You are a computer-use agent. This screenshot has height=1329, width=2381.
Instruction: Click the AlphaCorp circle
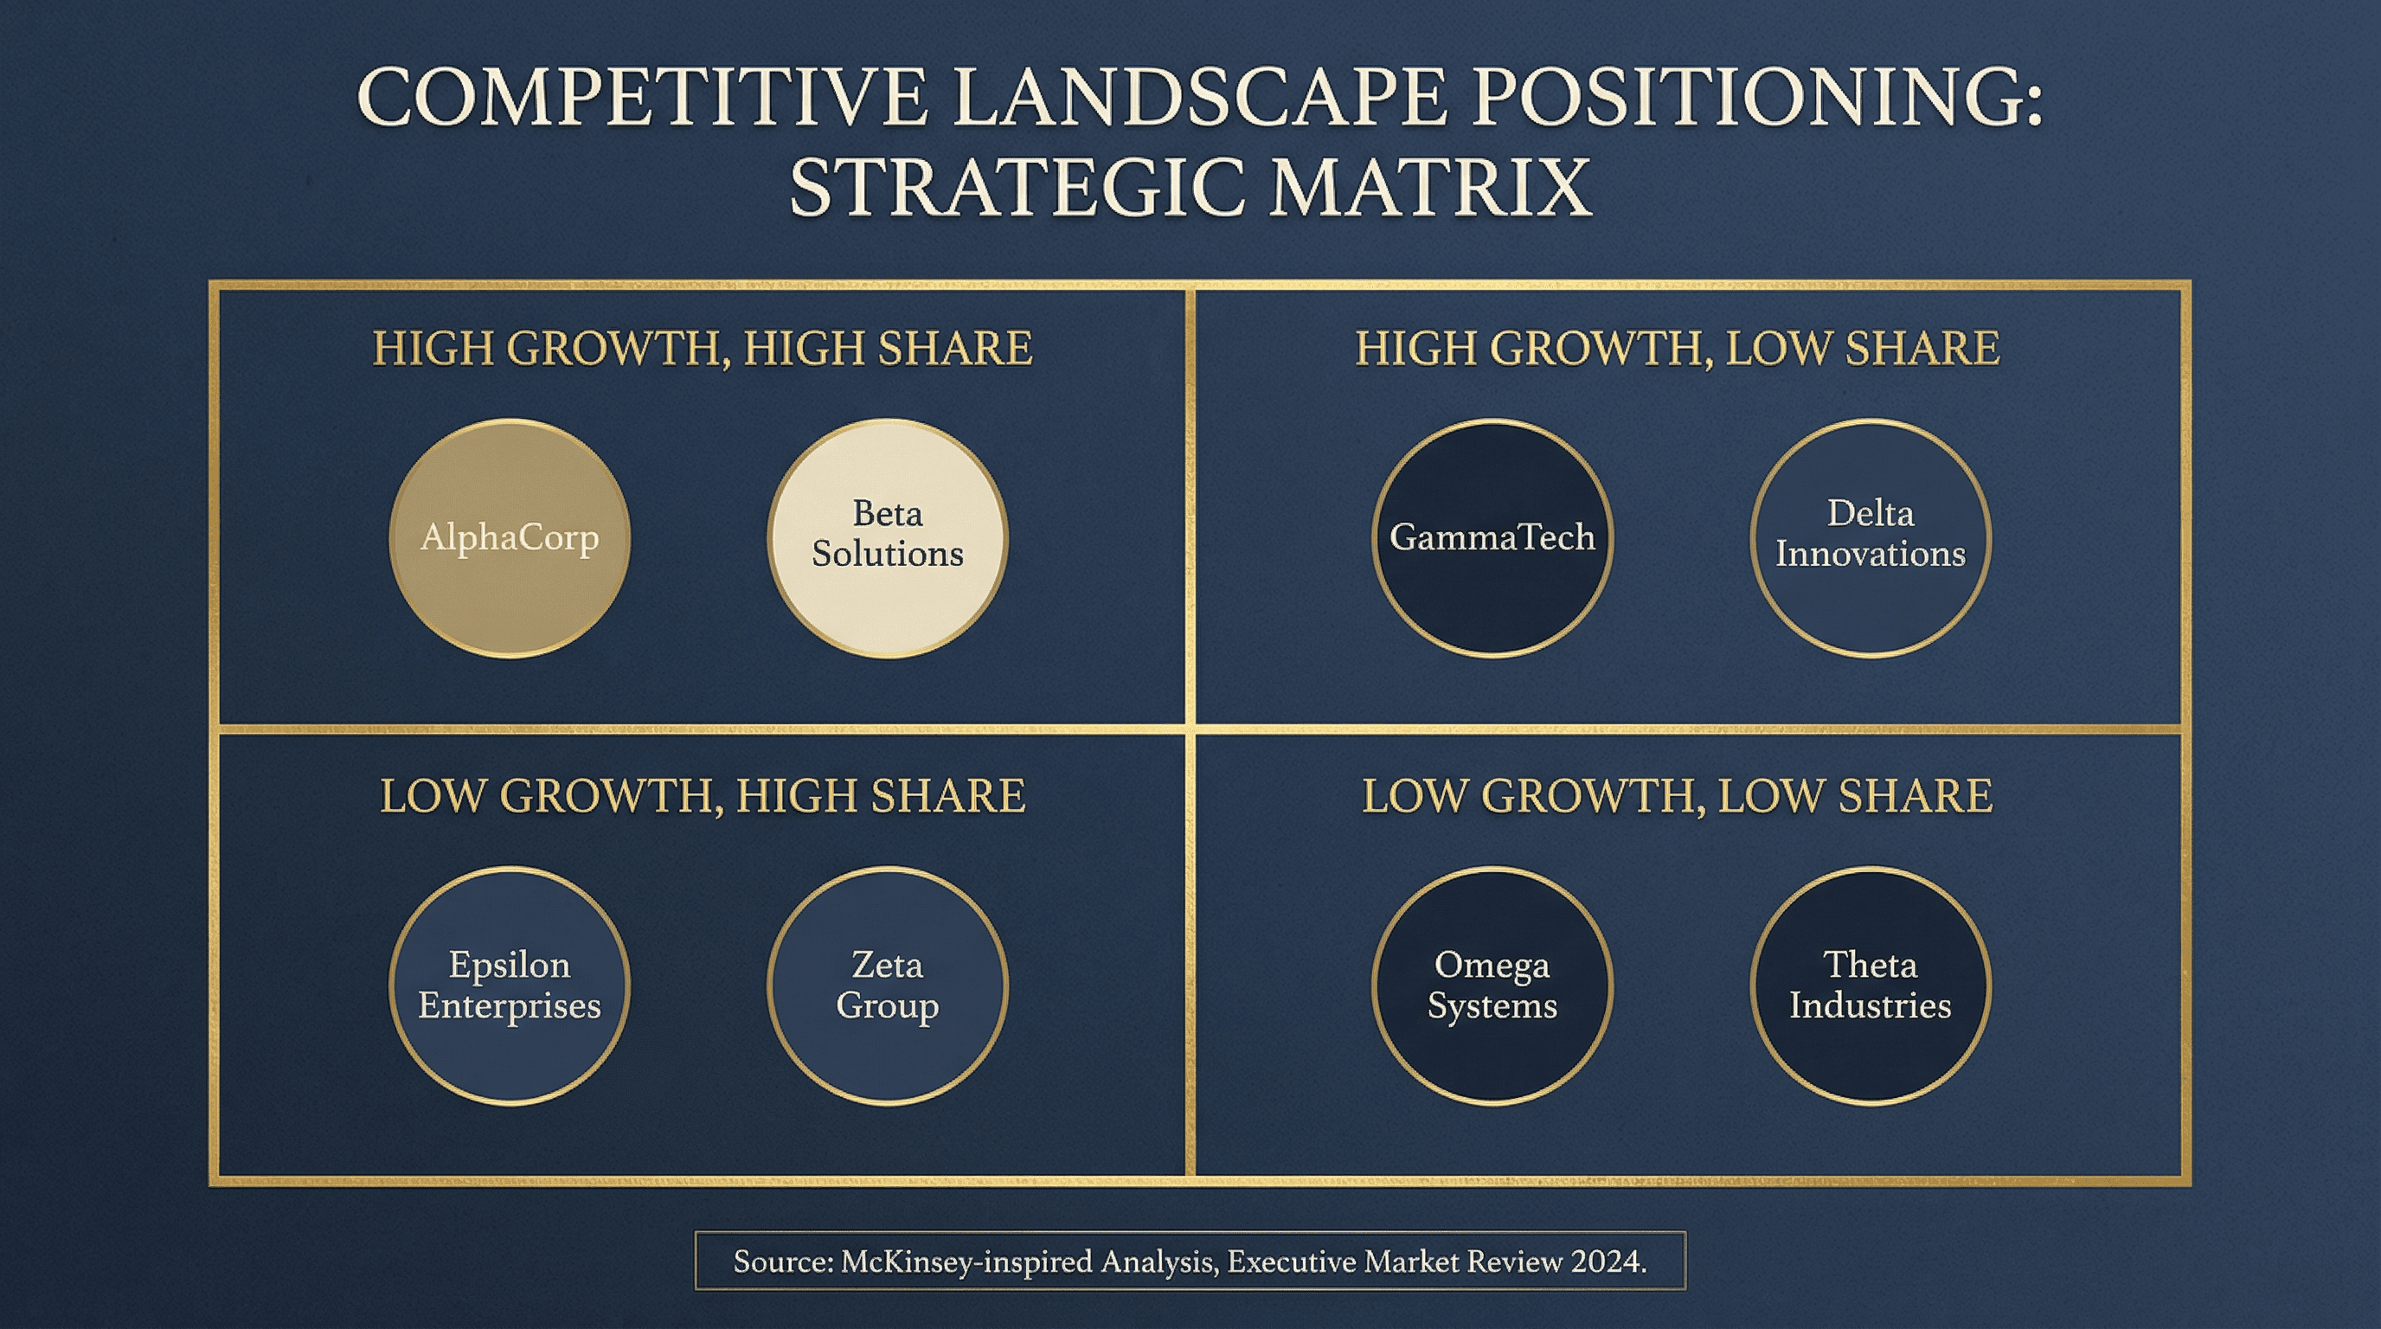(510, 539)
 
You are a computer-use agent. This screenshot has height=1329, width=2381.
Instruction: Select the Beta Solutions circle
(888, 539)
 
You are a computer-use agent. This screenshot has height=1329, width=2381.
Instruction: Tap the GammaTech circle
(1492, 539)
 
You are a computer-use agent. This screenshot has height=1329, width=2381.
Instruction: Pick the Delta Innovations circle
(1870, 539)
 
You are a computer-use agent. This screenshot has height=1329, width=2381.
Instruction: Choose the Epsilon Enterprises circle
(510, 986)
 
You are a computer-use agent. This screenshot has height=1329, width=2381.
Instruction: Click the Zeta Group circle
(888, 986)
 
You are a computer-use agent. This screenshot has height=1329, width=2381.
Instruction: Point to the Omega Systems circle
(1492, 986)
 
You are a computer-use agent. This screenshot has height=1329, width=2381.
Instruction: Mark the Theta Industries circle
(1870, 986)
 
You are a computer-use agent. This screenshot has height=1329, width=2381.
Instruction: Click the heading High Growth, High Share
(703, 349)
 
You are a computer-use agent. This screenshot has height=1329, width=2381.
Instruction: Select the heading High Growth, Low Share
(1677, 349)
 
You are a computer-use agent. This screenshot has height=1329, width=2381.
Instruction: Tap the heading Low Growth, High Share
(703, 796)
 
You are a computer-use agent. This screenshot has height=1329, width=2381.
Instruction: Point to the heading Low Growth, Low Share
(1677, 796)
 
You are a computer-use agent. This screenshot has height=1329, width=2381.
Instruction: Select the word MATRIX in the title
(1430, 188)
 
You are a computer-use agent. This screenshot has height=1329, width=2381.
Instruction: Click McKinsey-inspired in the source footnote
(965, 1262)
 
